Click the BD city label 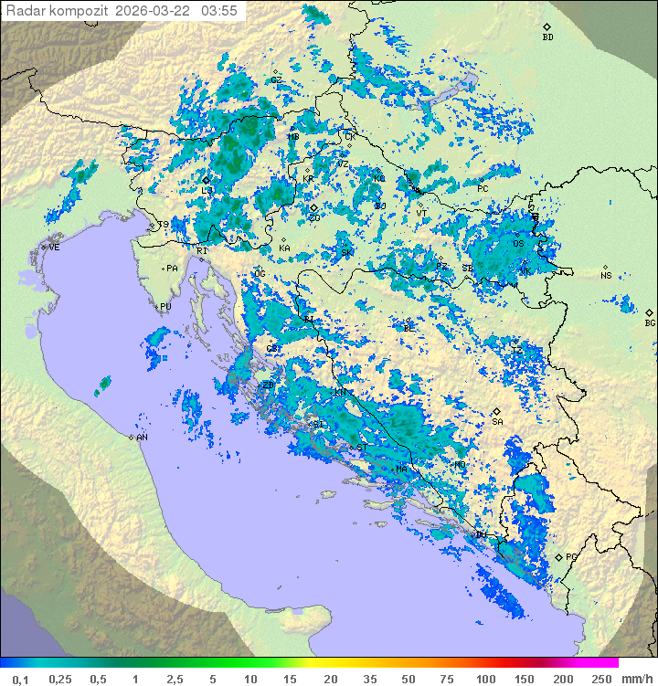point(547,37)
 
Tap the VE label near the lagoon point(54,248)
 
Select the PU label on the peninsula point(165,307)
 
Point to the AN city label point(143,438)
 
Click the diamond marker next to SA point(496,411)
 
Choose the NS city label point(606,276)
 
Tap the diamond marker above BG point(649,312)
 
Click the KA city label point(284,248)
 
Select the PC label point(483,189)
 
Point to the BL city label point(409,327)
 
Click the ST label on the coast point(361,448)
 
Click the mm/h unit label point(634,678)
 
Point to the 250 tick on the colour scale point(600,678)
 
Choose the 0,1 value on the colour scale point(20,678)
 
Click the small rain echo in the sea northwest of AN point(102,385)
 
